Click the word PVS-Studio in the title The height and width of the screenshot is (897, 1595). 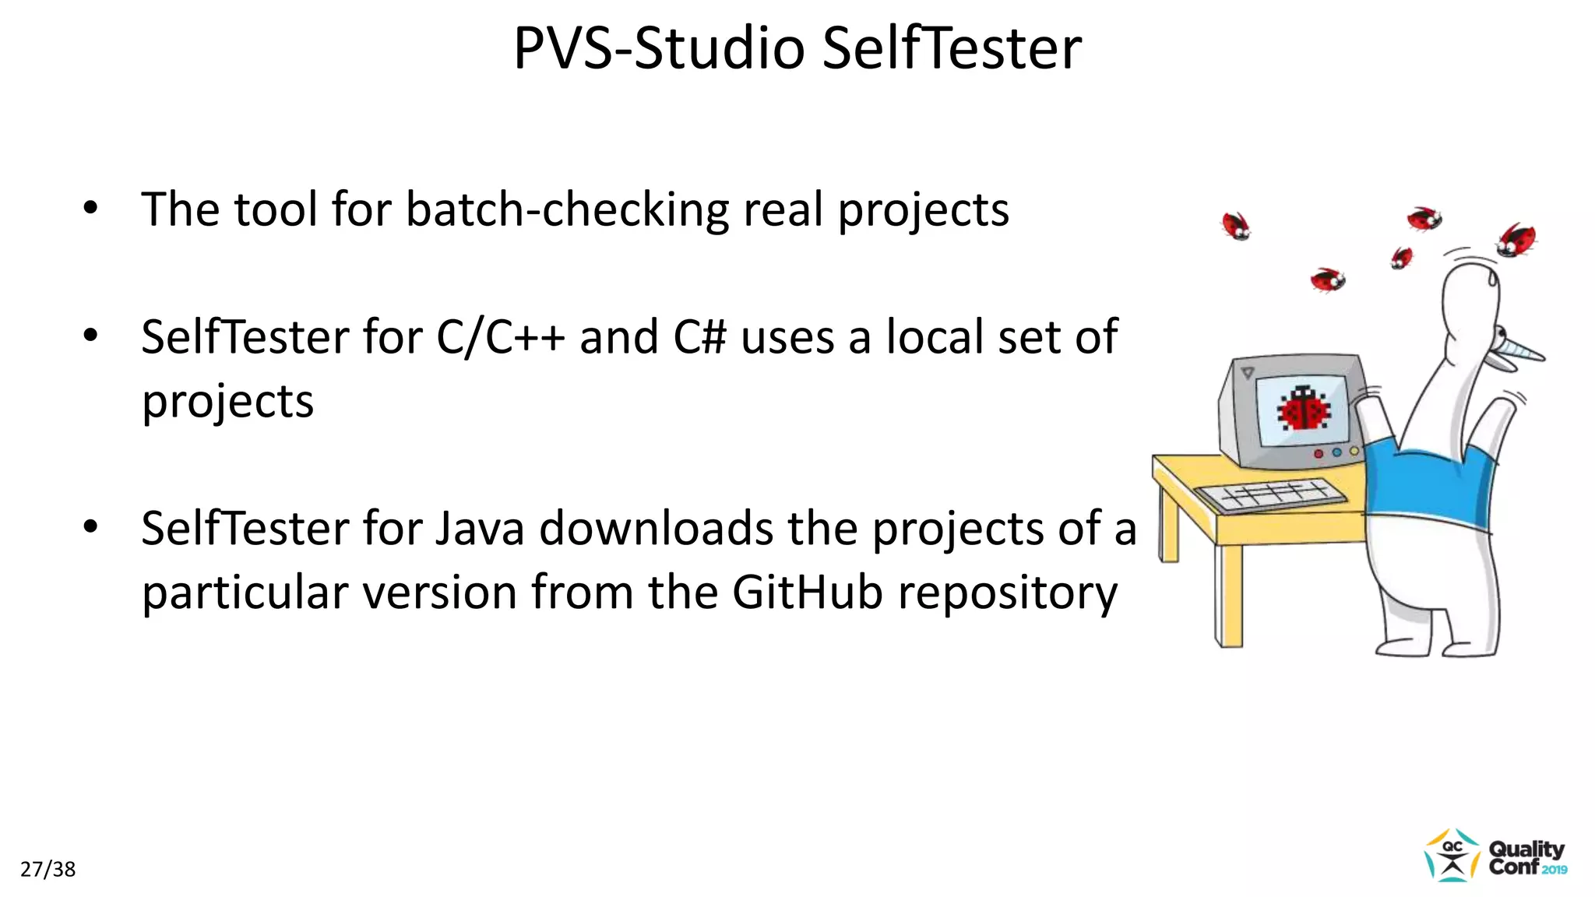(x=659, y=48)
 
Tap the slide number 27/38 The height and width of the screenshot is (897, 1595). (x=48, y=869)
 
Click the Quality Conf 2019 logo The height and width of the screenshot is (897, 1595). (x=1496, y=856)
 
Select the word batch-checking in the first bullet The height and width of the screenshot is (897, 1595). (x=567, y=210)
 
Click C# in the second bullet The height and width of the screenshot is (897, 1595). (x=699, y=338)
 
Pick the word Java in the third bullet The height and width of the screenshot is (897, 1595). (x=480, y=529)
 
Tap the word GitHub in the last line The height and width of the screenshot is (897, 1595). (x=808, y=593)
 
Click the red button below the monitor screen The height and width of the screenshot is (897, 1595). (x=1319, y=454)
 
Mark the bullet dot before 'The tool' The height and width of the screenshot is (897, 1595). (x=91, y=209)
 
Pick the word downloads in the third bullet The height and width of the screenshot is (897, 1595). (x=656, y=529)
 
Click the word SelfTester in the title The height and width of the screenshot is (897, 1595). (x=952, y=48)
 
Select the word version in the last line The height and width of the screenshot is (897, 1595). (x=440, y=593)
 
